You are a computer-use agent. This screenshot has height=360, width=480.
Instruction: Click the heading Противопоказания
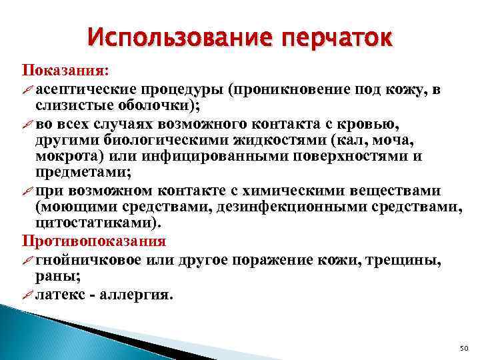[95, 240]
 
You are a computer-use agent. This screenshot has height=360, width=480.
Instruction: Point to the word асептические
[81, 89]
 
